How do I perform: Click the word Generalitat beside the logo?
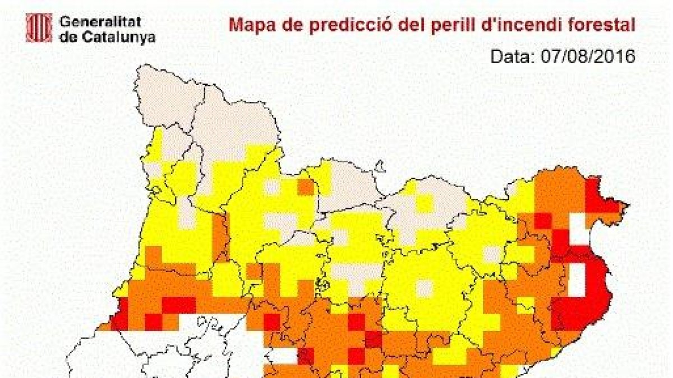(100, 23)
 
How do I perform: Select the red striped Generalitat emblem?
(39, 27)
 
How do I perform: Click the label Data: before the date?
(513, 56)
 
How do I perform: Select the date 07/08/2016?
(587, 56)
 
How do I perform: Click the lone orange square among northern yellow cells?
(306, 187)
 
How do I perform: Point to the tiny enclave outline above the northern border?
(380, 167)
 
